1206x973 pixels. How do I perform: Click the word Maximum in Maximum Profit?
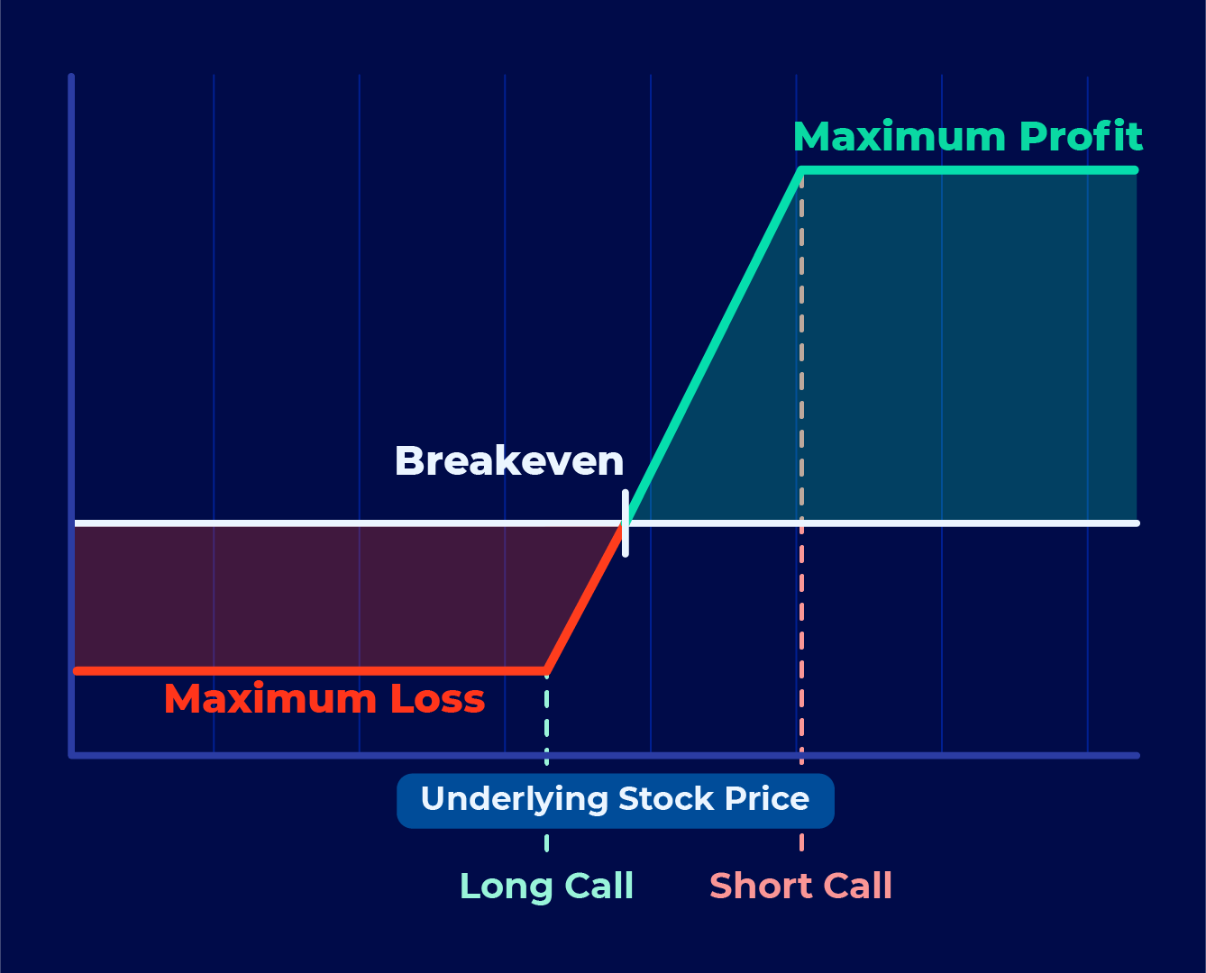pos(900,136)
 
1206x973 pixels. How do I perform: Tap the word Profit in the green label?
pos(1081,136)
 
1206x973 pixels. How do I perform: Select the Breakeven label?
pos(509,460)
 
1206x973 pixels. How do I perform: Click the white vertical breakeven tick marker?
pos(625,523)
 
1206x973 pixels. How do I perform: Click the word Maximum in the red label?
pos(270,699)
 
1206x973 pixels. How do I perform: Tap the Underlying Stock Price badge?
pos(616,800)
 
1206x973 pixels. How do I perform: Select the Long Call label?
pos(546,886)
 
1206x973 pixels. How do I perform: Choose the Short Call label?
pos(800,886)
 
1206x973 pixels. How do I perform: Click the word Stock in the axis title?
pos(666,798)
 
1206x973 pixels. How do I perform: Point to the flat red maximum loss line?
pos(310,671)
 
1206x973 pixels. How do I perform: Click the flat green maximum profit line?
pos(969,169)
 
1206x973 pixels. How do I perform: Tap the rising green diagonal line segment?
pos(713,347)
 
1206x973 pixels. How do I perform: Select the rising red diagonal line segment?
pos(585,597)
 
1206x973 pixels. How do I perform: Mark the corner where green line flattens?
pos(801,169)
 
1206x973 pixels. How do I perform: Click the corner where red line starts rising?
pos(547,671)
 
